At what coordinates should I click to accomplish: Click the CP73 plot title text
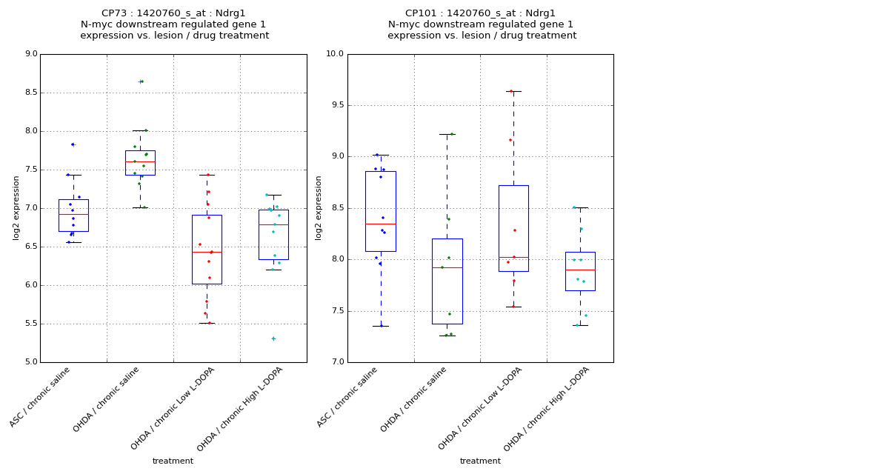pyautogui.click(x=174, y=24)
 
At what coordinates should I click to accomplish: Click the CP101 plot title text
pyautogui.click(x=481, y=24)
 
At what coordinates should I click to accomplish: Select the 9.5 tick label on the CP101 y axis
pyautogui.click(x=336, y=105)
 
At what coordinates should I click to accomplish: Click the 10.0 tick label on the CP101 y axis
pyautogui.click(x=335, y=54)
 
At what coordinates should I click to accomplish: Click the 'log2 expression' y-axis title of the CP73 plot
pyautogui.click(x=16, y=207)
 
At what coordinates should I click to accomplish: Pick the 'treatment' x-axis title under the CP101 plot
pyautogui.click(x=480, y=461)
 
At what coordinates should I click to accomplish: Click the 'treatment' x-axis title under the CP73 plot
pyautogui.click(x=173, y=461)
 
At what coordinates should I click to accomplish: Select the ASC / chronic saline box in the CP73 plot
pyautogui.click(x=73, y=216)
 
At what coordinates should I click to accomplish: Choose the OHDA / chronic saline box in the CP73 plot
pyautogui.click(x=140, y=163)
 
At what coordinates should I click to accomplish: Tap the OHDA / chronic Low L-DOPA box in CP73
pyautogui.click(x=207, y=250)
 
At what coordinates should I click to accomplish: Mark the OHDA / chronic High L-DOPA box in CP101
pyautogui.click(x=580, y=271)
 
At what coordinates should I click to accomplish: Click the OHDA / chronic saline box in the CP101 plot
pyautogui.click(x=447, y=281)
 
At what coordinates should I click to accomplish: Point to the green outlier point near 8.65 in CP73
pyautogui.click(x=141, y=81)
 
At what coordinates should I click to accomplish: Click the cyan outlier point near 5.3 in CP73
pyautogui.click(x=273, y=338)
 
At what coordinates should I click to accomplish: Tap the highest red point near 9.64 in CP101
pyautogui.click(x=511, y=91)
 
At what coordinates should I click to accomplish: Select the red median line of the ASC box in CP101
pyautogui.click(x=380, y=224)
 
